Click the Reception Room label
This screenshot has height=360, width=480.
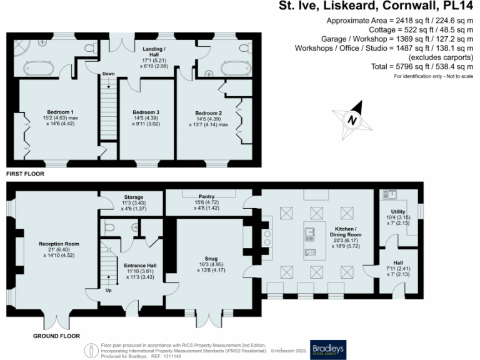coord(59,243)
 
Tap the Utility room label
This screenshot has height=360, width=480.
coord(398,212)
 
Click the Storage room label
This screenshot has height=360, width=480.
coord(132,197)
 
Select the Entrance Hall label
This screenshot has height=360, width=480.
coord(140,266)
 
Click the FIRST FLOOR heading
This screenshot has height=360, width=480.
coord(25,174)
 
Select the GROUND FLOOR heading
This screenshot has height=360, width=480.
coord(56,336)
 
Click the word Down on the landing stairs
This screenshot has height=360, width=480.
coord(109,73)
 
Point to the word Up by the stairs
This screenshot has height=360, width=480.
coord(109,291)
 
